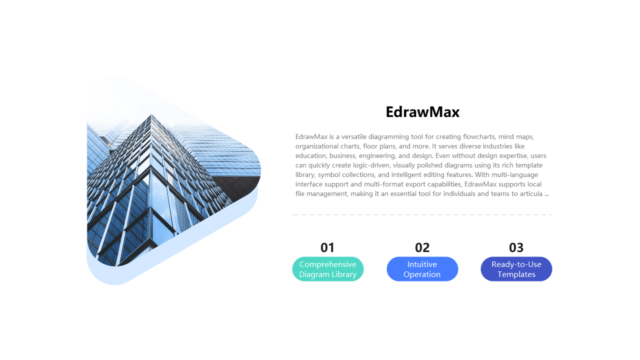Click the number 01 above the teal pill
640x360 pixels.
coord(327,247)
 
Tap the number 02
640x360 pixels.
coord(422,247)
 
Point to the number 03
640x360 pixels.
coord(516,247)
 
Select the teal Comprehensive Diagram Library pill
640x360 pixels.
coord(328,269)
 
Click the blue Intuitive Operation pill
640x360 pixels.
coord(422,269)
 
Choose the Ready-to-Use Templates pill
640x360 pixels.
coord(516,269)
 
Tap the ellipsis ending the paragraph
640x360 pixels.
coord(546,193)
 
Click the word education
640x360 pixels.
coord(311,155)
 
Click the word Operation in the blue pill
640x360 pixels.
coord(422,274)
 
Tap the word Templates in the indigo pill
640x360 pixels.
coord(516,274)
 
